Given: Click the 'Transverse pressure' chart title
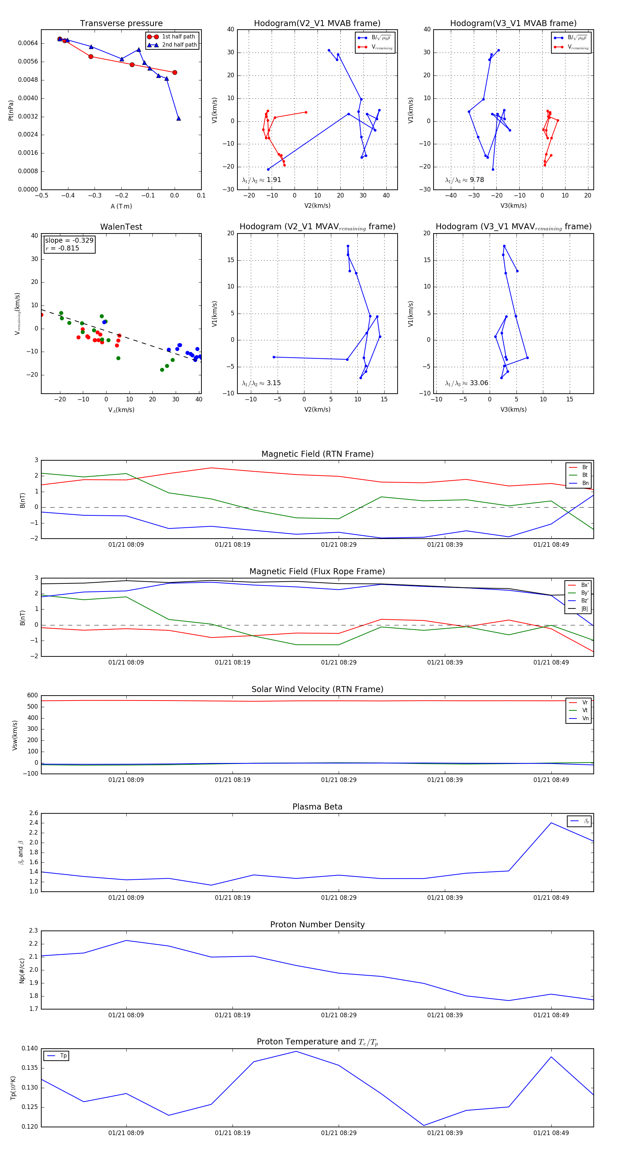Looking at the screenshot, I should click(121, 24).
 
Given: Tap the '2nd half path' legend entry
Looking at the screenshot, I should click(179, 45).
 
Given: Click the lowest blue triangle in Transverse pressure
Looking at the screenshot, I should click(179, 119).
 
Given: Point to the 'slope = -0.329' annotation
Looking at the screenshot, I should click(69, 241).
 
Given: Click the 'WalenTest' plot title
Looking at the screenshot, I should click(121, 227).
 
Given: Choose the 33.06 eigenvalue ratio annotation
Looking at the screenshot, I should click(479, 383).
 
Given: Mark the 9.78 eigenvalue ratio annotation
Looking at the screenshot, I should click(476, 180).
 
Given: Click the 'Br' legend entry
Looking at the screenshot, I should click(585, 467).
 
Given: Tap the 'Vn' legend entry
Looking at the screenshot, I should click(585, 718).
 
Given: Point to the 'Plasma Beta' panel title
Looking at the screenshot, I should click(317, 807).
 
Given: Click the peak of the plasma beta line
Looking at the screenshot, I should click(551, 823).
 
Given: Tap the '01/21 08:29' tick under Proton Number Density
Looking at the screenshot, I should click(339, 1015).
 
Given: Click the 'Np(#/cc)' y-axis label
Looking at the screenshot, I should click(22, 971).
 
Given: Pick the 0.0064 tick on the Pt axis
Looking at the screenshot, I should click(28, 43).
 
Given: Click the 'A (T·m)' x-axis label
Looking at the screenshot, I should click(121, 206).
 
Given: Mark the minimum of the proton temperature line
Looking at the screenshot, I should click(423, 1125).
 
